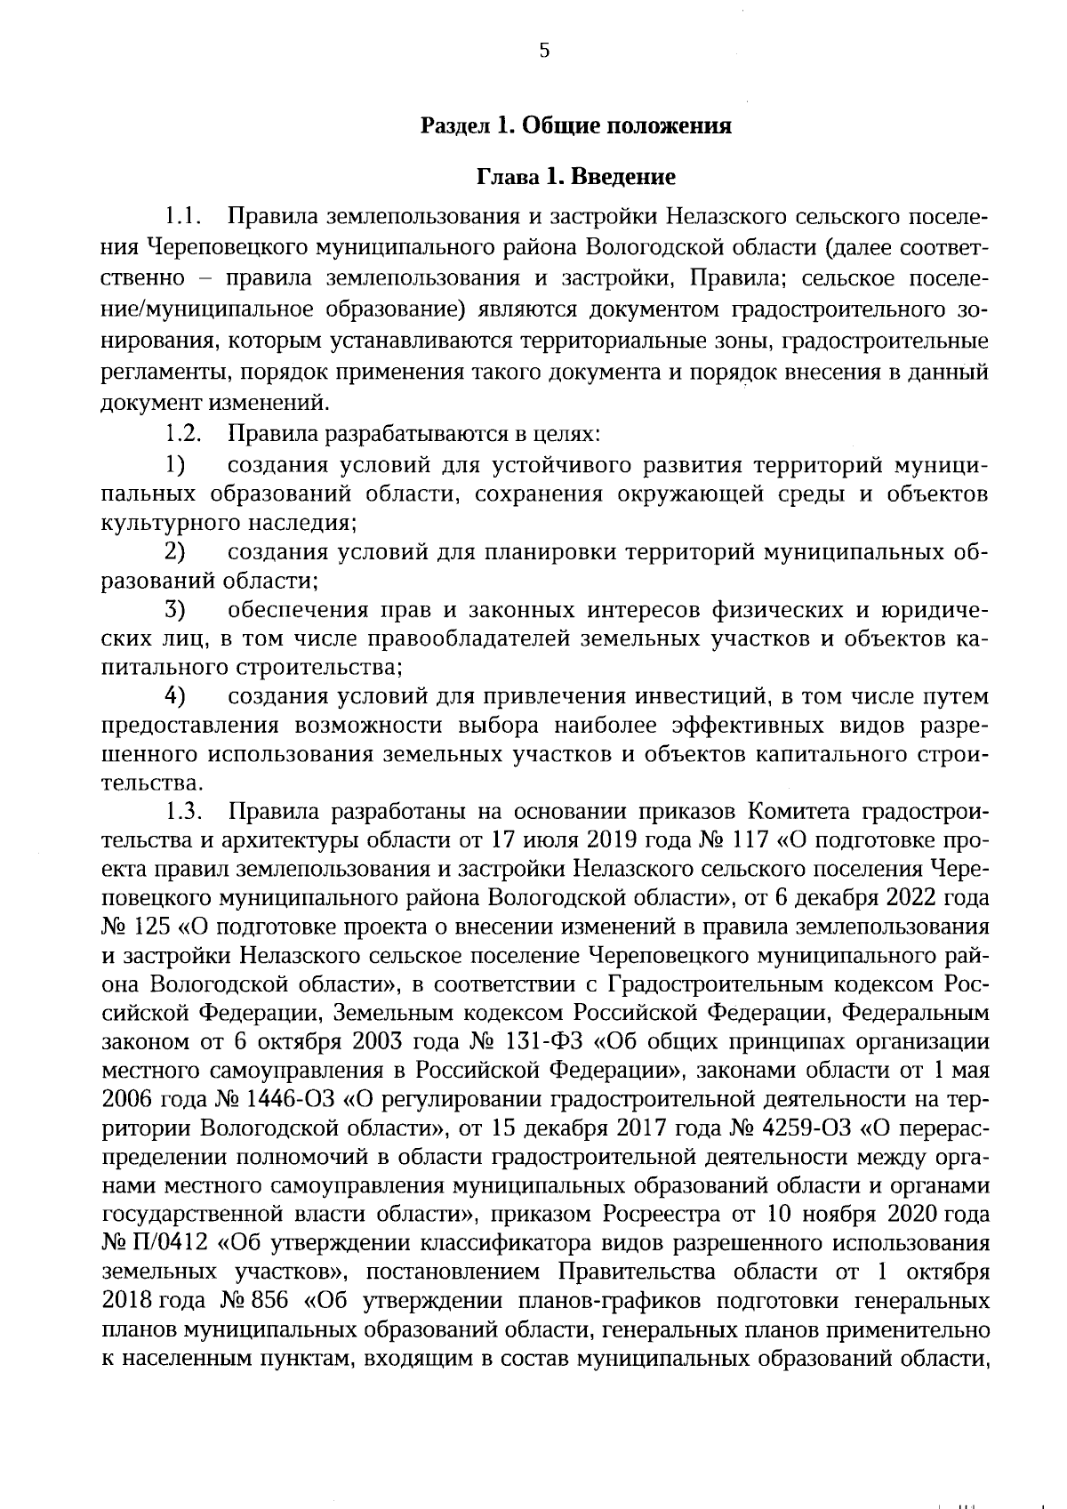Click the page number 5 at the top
[544, 51]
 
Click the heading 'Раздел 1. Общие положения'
[575, 125]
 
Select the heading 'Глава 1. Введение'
[575, 176]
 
